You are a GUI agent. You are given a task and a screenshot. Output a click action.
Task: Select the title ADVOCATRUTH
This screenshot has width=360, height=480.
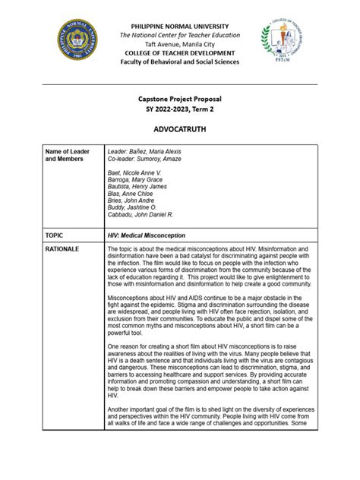tap(179, 130)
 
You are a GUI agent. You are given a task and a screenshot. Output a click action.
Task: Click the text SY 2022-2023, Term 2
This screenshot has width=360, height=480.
tap(179, 110)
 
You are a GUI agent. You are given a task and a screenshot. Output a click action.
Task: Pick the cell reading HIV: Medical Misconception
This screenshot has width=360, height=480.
tap(147, 236)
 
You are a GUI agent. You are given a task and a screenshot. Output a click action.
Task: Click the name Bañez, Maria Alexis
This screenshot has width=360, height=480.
tap(156, 152)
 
